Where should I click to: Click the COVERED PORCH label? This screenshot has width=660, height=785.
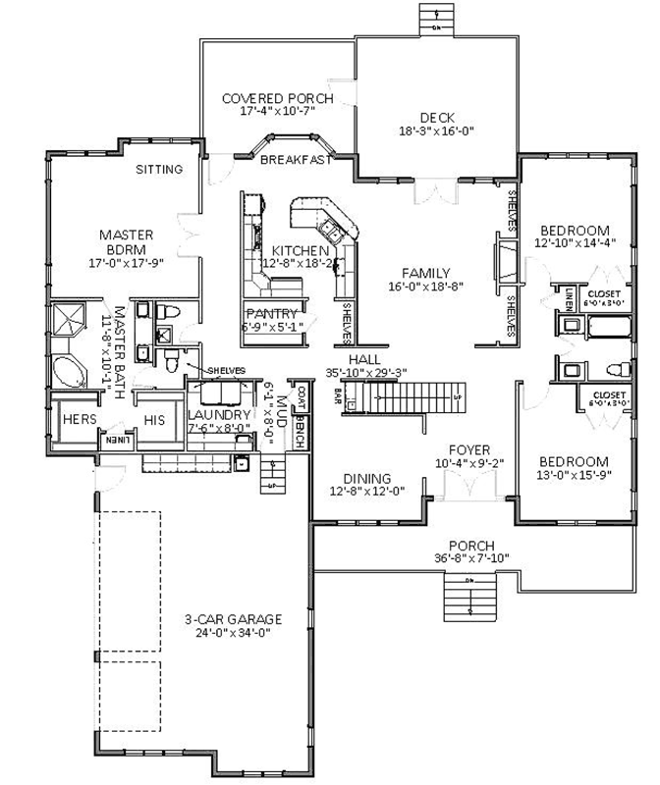coord(277,98)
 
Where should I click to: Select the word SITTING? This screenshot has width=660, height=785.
coord(159,170)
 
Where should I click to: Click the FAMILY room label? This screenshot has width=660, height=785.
coord(425,273)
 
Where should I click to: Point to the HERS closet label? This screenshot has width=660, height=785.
coord(79,419)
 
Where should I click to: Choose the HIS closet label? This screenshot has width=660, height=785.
coord(153,419)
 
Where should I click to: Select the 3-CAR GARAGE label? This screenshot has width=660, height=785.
coord(233,619)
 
